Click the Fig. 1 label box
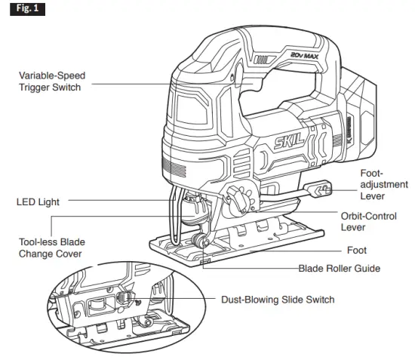[x=21, y=10]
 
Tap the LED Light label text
[x=38, y=202]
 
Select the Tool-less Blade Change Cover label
[x=52, y=248]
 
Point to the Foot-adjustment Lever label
[x=383, y=184]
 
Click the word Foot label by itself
[x=356, y=250]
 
